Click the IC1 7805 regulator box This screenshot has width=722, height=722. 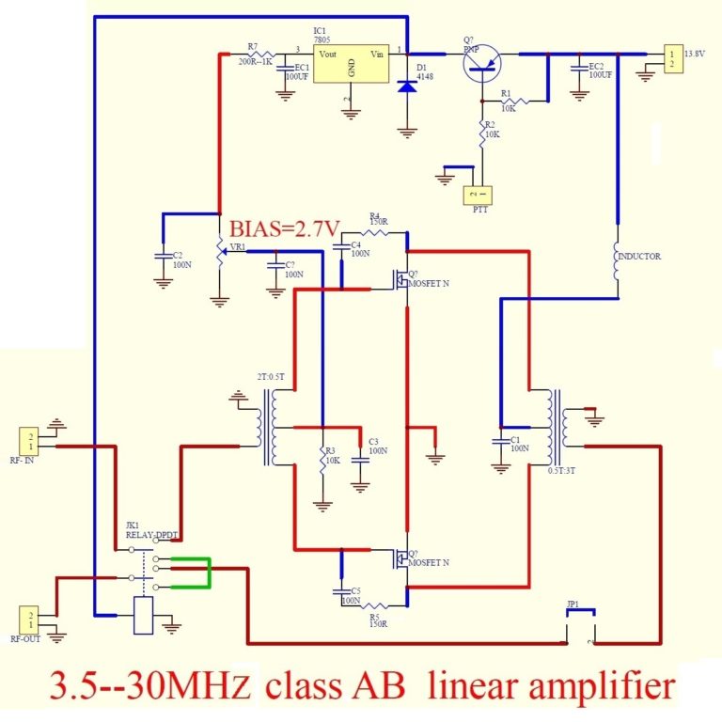point(351,66)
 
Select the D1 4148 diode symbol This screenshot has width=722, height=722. point(407,86)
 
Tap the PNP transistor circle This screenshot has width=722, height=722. point(482,62)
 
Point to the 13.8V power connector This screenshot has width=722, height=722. point(672,57)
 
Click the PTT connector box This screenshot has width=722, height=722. point(481,196)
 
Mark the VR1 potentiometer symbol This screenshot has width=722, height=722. point(220,248)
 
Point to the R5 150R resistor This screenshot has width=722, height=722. point(378,606)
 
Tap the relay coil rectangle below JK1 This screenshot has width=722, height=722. point(145,616)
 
